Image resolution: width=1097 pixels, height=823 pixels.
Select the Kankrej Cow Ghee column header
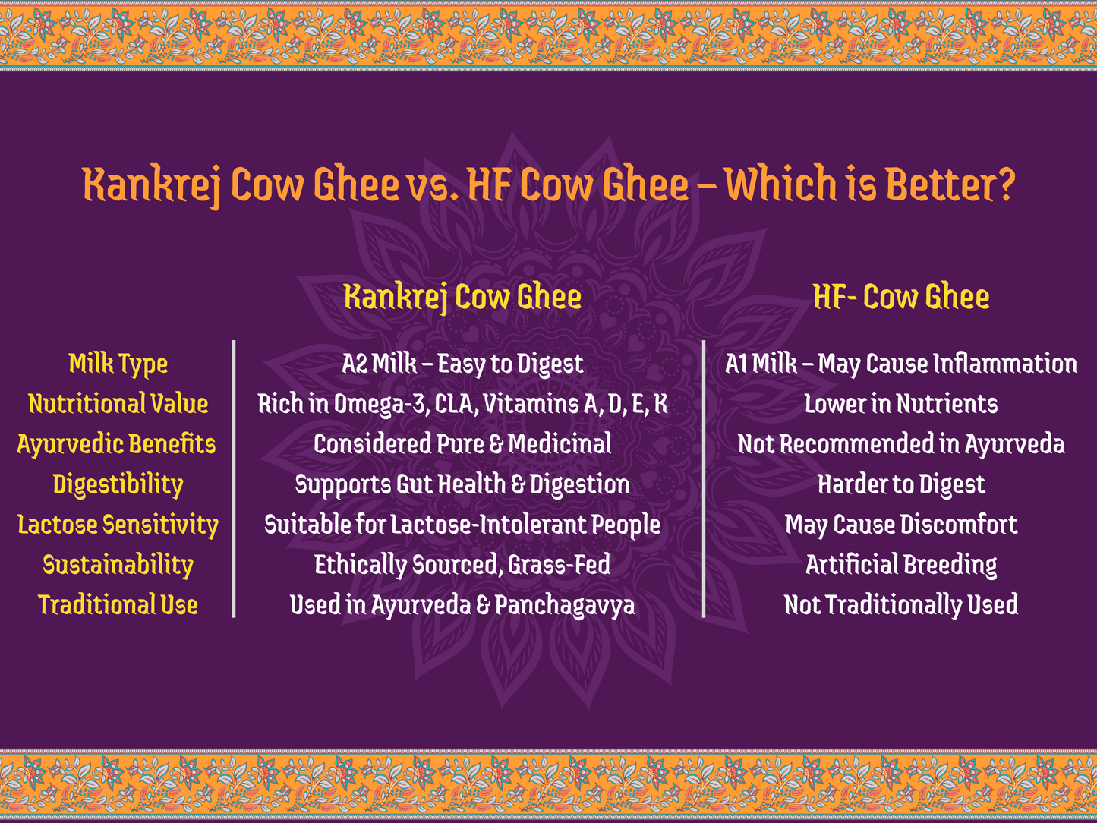coord(462,297)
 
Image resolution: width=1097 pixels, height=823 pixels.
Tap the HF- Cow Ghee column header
coord(901,297)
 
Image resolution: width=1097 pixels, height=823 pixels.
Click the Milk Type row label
coord(118,364)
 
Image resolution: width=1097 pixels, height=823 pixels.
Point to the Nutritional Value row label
coord(118,404)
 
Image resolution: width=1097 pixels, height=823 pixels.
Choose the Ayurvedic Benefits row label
coord(116,444)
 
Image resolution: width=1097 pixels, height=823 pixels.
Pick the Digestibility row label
coord(118,484)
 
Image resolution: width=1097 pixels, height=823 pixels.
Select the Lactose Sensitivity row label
coord(118,525)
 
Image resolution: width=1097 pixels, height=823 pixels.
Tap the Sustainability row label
coord(118,565)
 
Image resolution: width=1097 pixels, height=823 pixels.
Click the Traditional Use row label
coord(118,605)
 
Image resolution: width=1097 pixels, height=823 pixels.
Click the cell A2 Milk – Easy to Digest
coord(462,364)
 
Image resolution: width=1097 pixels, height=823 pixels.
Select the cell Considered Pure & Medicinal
coord(462,444)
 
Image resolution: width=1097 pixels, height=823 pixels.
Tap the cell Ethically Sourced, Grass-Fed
coord(462,565)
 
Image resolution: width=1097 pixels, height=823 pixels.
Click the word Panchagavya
coord(565,605)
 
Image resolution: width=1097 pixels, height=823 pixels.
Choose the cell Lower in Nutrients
coord(901,404)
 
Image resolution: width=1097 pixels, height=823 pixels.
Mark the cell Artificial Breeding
coord(901,565)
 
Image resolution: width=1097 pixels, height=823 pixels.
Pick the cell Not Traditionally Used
coord(901,605)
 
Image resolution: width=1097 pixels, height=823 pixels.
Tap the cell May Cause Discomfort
coord(901,525)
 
